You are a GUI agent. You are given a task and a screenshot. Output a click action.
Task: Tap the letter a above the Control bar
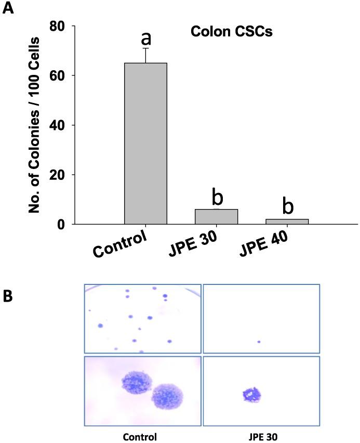pos(146,37)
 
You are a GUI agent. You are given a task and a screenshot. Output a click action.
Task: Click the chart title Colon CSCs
pos(231,32)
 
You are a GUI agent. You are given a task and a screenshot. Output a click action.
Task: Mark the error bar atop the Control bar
pos(146,55)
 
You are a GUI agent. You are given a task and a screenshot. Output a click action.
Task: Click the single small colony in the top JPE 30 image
pos(259,342)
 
